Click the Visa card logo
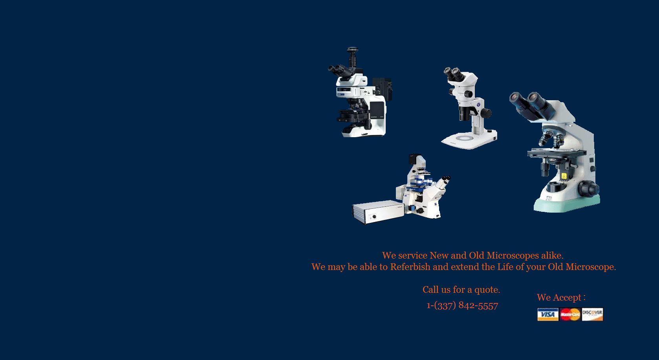pyautogui.click(x=548, y=314)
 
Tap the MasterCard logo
pyautogui.click(x=570, y=314)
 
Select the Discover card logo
pyautogui.click(x=592, y=314)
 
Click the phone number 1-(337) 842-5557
pyautogui.click(x=462, y=305)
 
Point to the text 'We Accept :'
pyautogui.click(x=561, y=297)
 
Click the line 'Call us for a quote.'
pyautogui.click(x=461, y=290)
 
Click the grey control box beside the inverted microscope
pyautogui.click(x=378, y=212)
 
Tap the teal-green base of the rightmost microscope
pyautogui.click(x=567, y=204)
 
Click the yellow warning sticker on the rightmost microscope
pyautogui.click(x=564, y=176)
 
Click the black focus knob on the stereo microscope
pyautogui.click(x=486, y=113)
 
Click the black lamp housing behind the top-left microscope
pyautogui.click(x=382, y=89)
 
